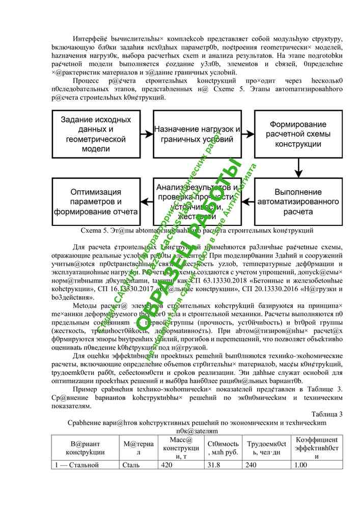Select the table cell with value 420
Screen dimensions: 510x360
point(167,465)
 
